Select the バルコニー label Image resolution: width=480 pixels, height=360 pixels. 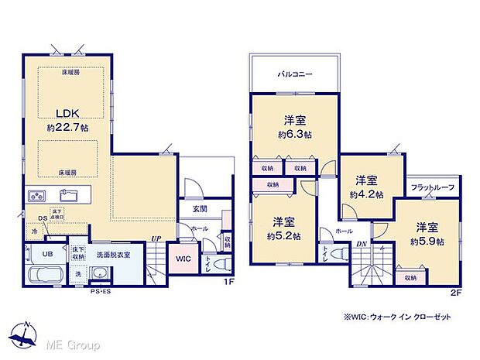point(295,74)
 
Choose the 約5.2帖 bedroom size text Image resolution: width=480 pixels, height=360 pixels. point(282,235)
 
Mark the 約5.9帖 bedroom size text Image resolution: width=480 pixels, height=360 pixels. point(428,242)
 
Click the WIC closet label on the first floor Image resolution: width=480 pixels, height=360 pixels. point(183,259)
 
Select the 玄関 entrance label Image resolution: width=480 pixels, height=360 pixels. point(199,209)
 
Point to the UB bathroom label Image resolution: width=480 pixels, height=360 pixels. point(46,253)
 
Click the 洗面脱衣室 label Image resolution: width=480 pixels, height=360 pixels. point(114,253)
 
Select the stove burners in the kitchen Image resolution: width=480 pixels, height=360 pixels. point(37,194)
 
